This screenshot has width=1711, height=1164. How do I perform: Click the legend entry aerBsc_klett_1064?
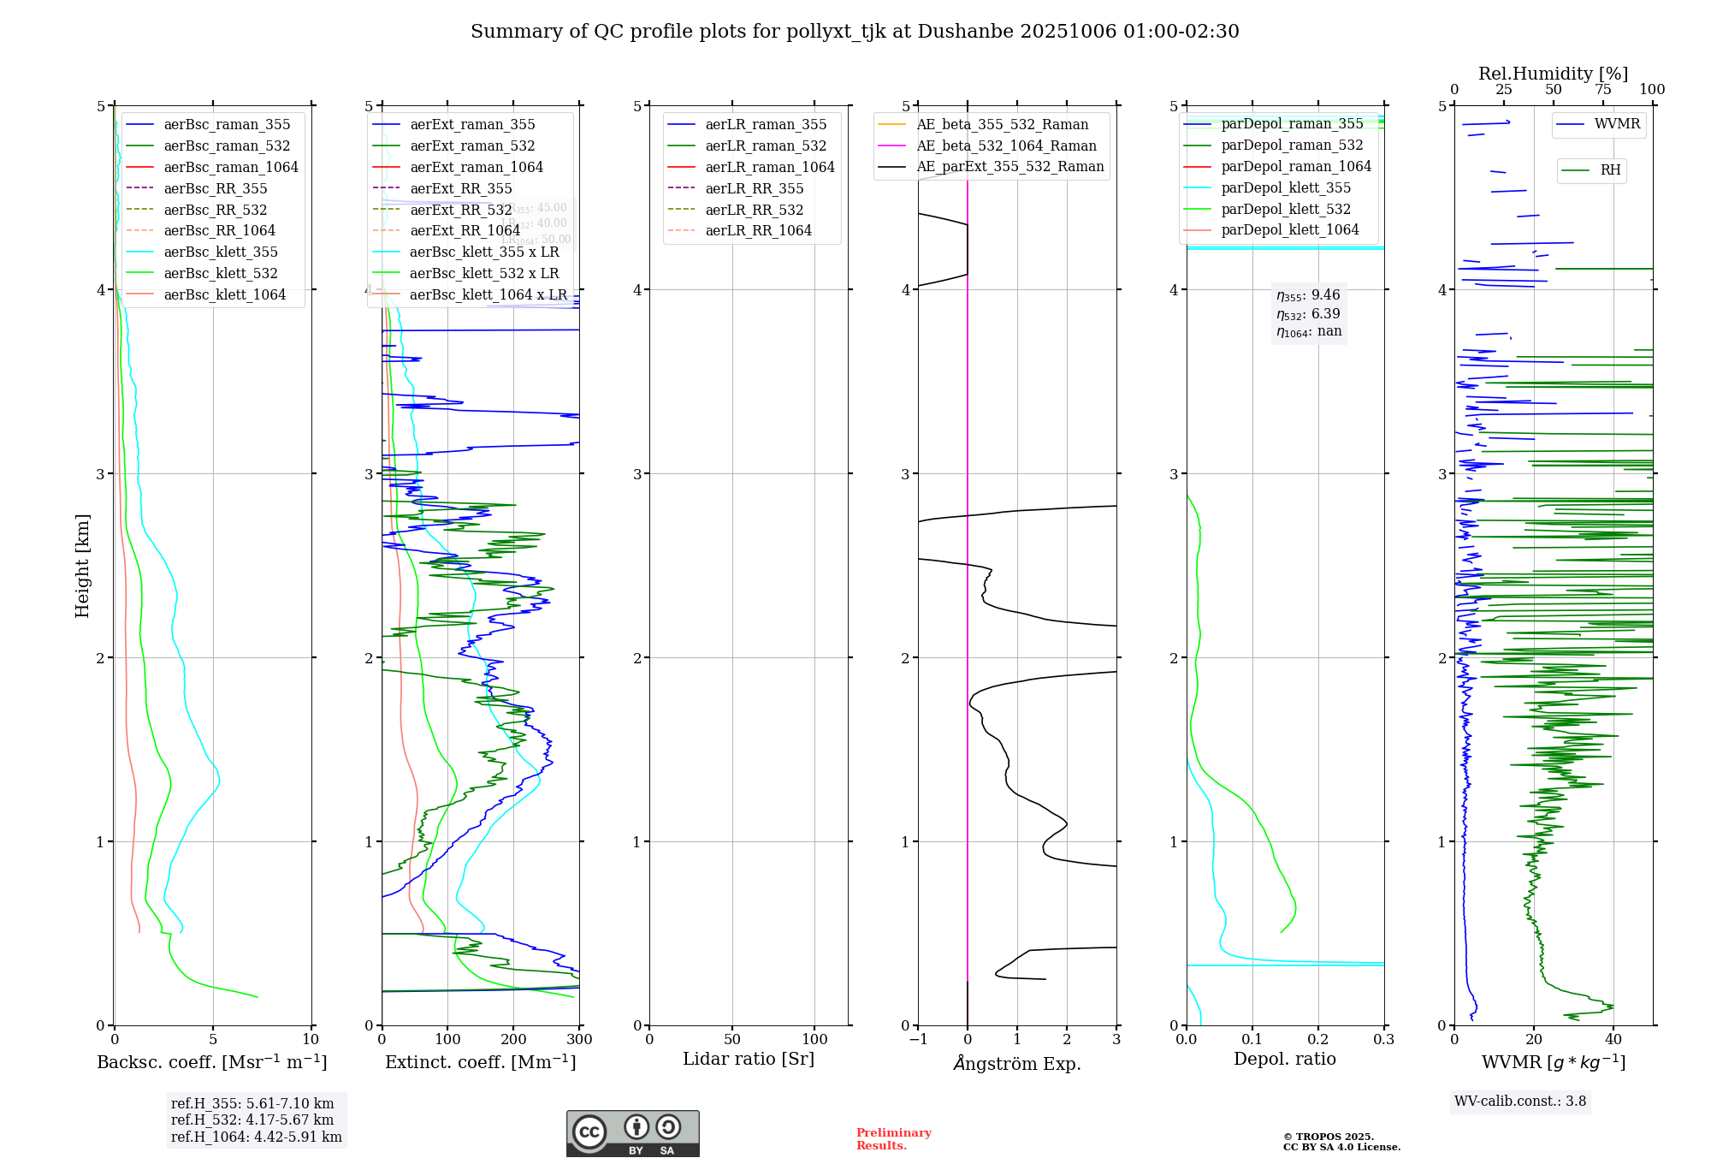click(225, 294)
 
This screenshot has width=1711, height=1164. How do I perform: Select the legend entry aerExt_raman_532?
click(472, 145)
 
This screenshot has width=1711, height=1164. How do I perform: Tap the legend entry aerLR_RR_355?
click(754, 188)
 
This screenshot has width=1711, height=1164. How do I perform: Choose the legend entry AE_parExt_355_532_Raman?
click(1009, 166)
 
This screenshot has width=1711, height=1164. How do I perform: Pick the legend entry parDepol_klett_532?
click(1286, 209)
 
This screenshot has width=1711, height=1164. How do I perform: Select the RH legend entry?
click(1610, 170)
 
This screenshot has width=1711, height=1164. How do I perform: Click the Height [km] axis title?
click(82, 566)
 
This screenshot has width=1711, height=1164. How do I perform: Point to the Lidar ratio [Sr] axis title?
click(749, 1059)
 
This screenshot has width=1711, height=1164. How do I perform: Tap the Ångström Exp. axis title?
click(1017, 1063)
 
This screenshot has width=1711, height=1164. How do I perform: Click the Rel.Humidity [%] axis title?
click(1553, 74)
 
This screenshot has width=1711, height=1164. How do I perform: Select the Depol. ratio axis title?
click(1284, 1059)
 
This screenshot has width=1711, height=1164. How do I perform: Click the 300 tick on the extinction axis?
click(579, 1039)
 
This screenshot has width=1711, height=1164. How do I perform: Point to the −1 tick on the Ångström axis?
click(918, 1039)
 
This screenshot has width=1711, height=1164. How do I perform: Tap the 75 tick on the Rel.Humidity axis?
click(1603, 89)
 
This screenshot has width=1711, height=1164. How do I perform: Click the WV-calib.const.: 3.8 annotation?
click(1520, 1101)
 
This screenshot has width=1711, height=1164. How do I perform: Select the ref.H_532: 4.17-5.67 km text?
click(252, 1119)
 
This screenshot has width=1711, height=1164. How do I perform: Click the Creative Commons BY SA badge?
click(632, 1134)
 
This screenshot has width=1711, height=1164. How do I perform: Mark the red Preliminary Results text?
click(893, 1138)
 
